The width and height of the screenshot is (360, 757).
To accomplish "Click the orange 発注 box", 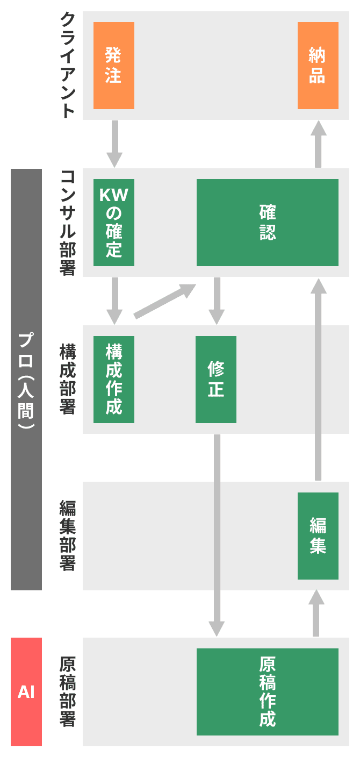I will click(114, 66).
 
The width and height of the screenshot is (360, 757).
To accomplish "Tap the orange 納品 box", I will click(318, 66).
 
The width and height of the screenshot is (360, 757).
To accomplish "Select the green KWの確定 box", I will click(114, 223).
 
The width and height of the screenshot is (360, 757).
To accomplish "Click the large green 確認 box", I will click(268, 223).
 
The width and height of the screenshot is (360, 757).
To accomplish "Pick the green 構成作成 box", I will click(114, 380).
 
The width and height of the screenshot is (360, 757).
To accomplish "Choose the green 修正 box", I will click(216, 380).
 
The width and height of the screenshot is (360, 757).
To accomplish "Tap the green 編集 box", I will click(318, 536).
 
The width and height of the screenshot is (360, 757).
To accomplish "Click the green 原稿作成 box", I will click(268, 692).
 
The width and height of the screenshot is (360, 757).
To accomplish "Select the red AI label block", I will click(26, 692).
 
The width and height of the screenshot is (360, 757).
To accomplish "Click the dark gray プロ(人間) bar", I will click(26, 380).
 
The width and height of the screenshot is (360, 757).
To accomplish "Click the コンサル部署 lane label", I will click(67, 223).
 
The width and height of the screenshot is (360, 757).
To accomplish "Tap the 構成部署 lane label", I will click(67, 380).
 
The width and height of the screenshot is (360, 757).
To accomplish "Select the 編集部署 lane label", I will click(67, 536).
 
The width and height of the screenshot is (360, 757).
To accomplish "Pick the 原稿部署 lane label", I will click(67, 692).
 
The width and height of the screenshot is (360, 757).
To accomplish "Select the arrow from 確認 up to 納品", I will click(318, 144).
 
